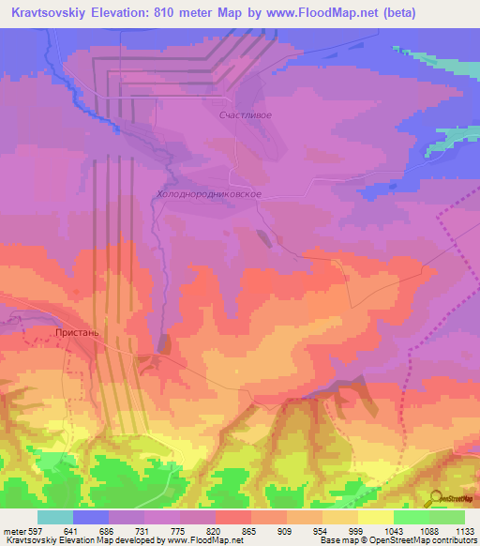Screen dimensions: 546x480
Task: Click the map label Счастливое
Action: [x=245, y=115]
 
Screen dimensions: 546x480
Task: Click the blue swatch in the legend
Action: [x=91, y=517]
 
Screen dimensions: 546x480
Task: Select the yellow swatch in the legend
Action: [x=375, y=517]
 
